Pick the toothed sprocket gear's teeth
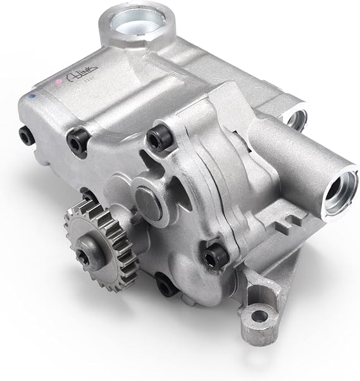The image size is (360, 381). coord(71,218)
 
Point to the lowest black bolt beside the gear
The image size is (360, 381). coord(166,285)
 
